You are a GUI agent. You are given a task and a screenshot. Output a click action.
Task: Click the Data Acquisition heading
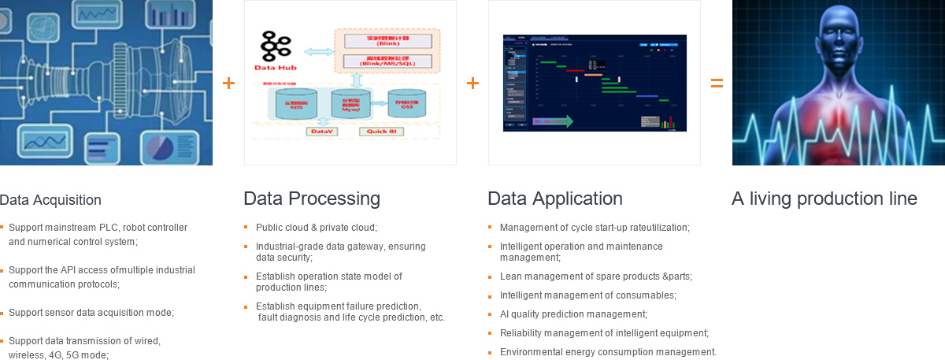tap(50, 200)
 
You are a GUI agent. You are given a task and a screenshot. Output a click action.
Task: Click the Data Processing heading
tap(312, 199)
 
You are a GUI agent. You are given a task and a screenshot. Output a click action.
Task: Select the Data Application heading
tap(555, 199)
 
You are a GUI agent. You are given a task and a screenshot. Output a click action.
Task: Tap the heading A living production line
tap(824, 199)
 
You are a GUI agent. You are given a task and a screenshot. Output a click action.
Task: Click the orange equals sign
tap(717, 83)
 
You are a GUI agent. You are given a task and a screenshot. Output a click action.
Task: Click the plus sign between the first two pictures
tap(228, 83)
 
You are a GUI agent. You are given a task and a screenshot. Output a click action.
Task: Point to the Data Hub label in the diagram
tap(274, 67)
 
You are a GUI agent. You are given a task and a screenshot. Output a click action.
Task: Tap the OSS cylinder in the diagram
tap(407, 104)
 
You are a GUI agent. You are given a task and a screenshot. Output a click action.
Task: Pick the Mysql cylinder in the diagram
tap(350, 105)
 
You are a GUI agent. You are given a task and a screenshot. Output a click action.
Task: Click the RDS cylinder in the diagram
tap(294, 104)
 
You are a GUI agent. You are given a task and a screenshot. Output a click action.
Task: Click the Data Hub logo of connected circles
tap(273, 46)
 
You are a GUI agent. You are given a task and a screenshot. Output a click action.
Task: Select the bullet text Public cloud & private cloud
tap(317, 228)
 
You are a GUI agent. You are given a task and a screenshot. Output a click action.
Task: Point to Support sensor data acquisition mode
tap(91, 313)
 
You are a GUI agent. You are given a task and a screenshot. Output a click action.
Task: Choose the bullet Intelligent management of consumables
tap(587, 295)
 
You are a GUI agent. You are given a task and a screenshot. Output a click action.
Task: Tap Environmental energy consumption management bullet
tap(608, 352)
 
